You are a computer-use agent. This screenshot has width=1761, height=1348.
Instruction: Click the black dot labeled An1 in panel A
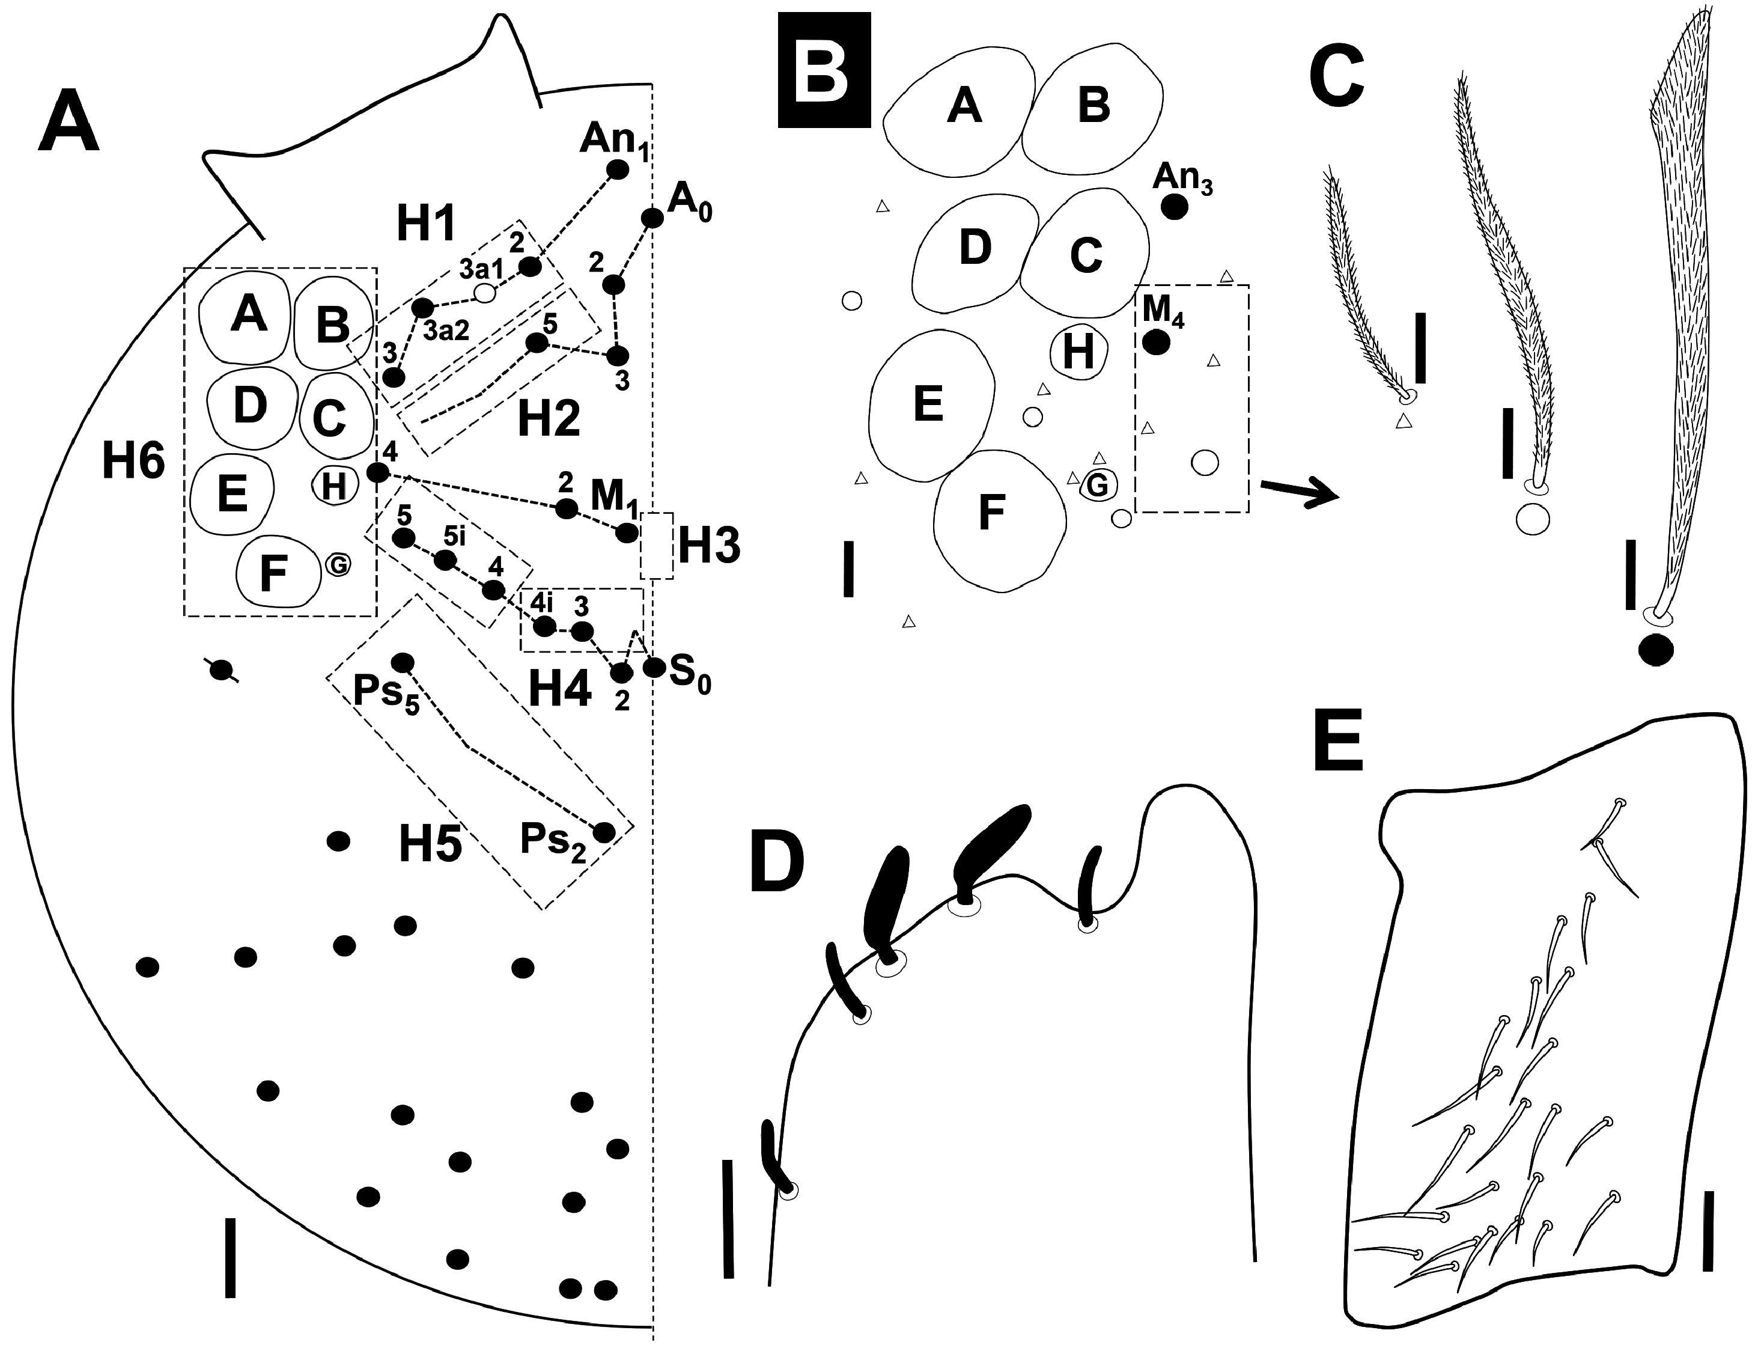[617, 169]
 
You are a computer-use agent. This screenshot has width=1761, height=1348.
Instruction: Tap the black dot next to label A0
[652, 218]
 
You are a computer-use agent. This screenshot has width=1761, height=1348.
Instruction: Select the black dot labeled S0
[654, 666]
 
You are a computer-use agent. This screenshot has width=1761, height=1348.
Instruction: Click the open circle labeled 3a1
[485, 293]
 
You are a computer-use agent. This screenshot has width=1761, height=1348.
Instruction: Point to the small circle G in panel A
[338, 566]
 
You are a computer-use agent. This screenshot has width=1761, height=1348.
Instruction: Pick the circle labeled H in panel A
[333, 486]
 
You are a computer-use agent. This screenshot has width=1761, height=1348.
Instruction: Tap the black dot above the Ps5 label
[402, 663]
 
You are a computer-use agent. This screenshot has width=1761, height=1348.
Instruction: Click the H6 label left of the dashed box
[133, 462]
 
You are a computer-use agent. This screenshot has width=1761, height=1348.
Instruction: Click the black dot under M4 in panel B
[1156, 343]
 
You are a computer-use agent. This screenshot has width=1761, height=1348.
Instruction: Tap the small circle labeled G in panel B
[1096, 484]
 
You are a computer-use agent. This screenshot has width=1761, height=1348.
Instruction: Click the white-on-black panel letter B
[824, 70]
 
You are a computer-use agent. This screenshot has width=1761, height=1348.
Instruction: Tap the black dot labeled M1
[627, 533]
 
